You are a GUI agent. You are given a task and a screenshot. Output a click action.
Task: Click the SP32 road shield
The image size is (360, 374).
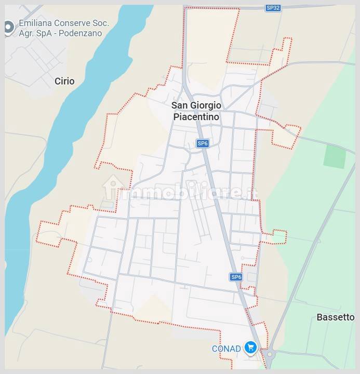[273, 8]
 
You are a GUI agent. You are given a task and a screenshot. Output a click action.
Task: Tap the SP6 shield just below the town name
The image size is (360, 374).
[203, 143]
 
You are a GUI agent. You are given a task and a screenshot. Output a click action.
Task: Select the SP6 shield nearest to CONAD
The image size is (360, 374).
[236, 277]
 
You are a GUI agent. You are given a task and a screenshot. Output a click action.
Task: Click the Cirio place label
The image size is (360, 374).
[64, 81]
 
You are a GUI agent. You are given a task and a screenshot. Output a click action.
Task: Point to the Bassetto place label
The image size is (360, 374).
[336, 317]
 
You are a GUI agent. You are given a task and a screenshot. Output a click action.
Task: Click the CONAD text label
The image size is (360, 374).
[226, 349]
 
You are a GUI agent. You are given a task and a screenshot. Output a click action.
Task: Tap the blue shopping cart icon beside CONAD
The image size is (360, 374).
[250, 348]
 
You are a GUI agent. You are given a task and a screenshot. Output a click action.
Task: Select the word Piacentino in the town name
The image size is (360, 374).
[196, 117]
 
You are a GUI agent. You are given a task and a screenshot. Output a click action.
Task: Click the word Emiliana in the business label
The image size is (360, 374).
[37, 23]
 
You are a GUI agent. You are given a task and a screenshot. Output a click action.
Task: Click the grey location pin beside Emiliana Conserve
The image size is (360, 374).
[8, 28]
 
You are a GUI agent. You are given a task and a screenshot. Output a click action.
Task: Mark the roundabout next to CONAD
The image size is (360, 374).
[269, 355]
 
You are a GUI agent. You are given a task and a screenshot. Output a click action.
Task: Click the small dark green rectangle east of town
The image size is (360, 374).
[335, 156]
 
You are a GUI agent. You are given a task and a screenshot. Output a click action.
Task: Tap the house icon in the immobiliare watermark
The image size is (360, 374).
[113, 188]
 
